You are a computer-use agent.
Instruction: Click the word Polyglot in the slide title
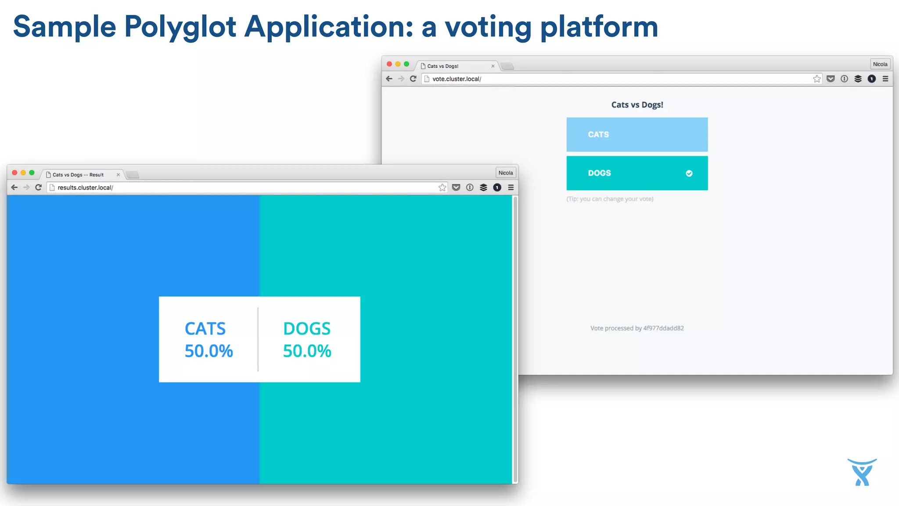(180, 27)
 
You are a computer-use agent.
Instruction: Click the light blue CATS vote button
(636, 134)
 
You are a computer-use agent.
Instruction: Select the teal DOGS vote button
(636, 173)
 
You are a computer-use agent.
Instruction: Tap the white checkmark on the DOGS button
(689, 173)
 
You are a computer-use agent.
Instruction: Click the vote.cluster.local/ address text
(457, 79)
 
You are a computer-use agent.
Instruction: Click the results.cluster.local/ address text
(85, 188)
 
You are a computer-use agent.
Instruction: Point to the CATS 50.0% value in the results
(209, 351)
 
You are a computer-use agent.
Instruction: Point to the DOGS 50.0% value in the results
(307, 351)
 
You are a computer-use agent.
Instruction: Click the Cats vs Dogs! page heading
(637, 105)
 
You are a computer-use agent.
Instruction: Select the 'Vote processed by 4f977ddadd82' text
(636, 328)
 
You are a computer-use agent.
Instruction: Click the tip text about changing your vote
(610, 199)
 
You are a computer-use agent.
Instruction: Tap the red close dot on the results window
(14, 173)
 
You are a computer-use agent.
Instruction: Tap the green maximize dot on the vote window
(406, 64)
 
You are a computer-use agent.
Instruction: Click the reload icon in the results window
(38, 188)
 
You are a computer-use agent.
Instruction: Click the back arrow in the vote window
(389, 79)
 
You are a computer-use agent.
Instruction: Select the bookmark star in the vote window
(816, 79)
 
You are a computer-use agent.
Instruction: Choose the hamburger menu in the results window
(511, 188)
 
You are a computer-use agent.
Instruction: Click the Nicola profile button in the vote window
(880, 64)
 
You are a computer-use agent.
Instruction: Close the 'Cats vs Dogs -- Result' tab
(118, 175)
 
